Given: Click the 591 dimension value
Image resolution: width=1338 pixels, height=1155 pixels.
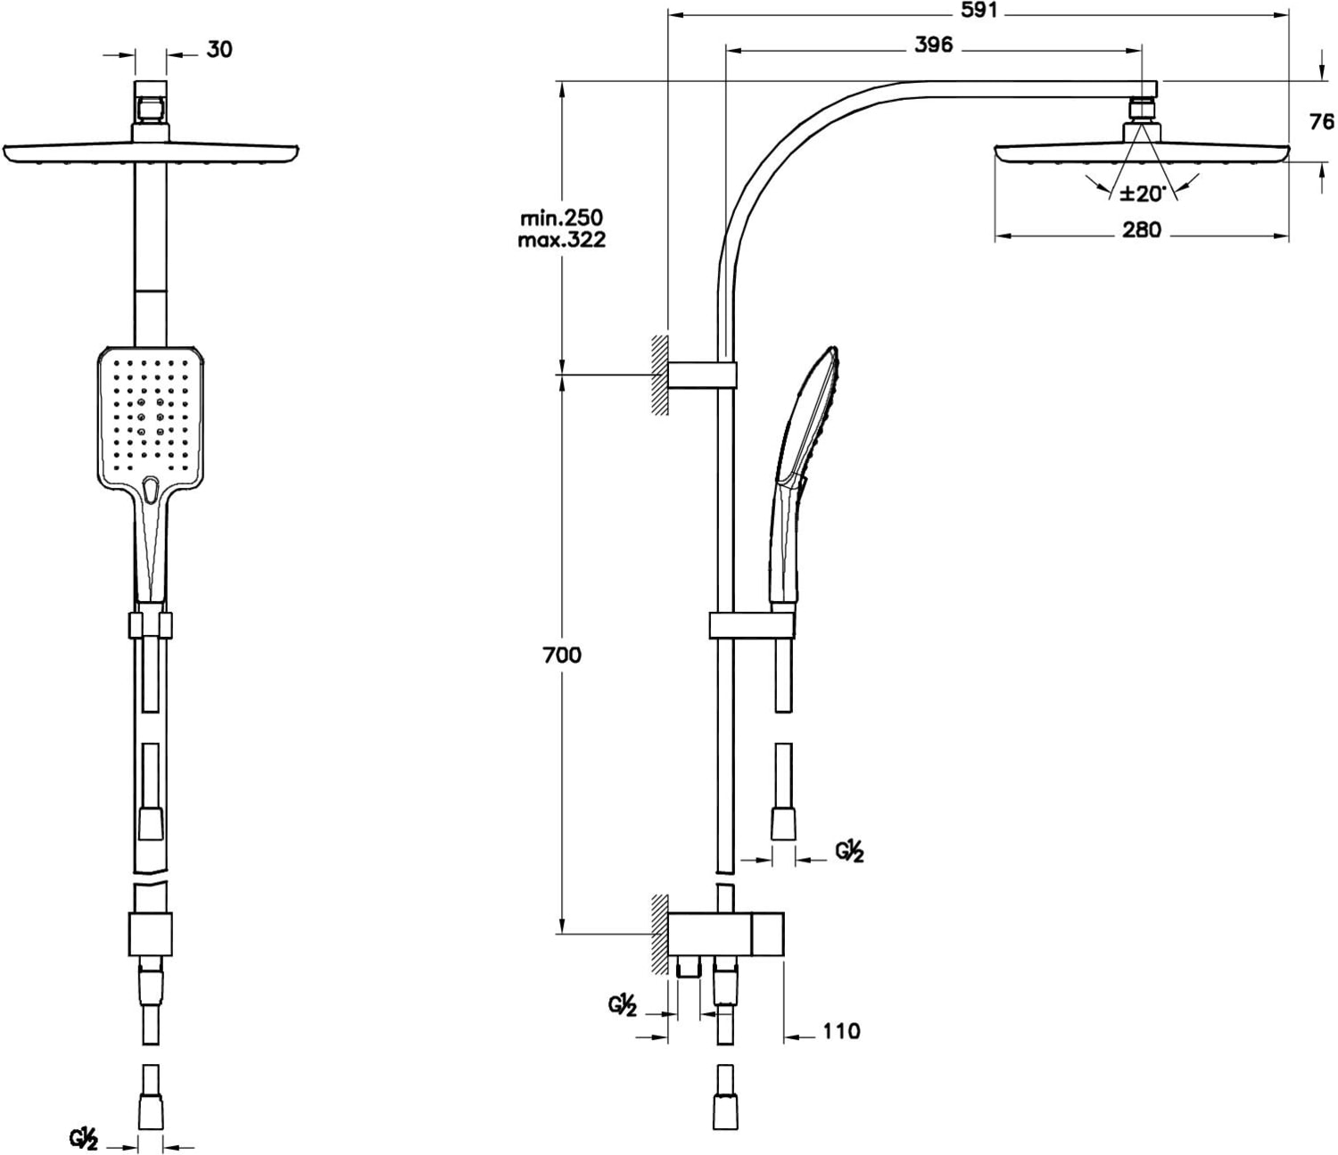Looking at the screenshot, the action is (979, 11).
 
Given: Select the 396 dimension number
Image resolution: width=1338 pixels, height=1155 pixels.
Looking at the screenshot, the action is (934, 45).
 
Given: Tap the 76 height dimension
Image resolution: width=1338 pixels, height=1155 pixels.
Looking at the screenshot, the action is (1322, 121).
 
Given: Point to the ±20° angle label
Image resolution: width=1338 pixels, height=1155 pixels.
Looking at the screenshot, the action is (1143, 193).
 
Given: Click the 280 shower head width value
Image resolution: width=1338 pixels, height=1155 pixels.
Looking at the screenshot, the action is (1142, 229).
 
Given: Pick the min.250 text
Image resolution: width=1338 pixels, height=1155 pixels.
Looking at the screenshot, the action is (561, 217).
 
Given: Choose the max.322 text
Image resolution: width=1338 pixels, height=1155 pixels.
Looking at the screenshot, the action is (561, 240).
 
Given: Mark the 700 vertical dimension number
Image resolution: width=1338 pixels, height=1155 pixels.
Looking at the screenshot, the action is (562, 656).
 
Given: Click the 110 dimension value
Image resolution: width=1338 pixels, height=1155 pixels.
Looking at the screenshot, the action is (841, 1031).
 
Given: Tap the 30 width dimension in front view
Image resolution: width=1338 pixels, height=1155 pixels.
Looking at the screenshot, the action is (219, 49).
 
